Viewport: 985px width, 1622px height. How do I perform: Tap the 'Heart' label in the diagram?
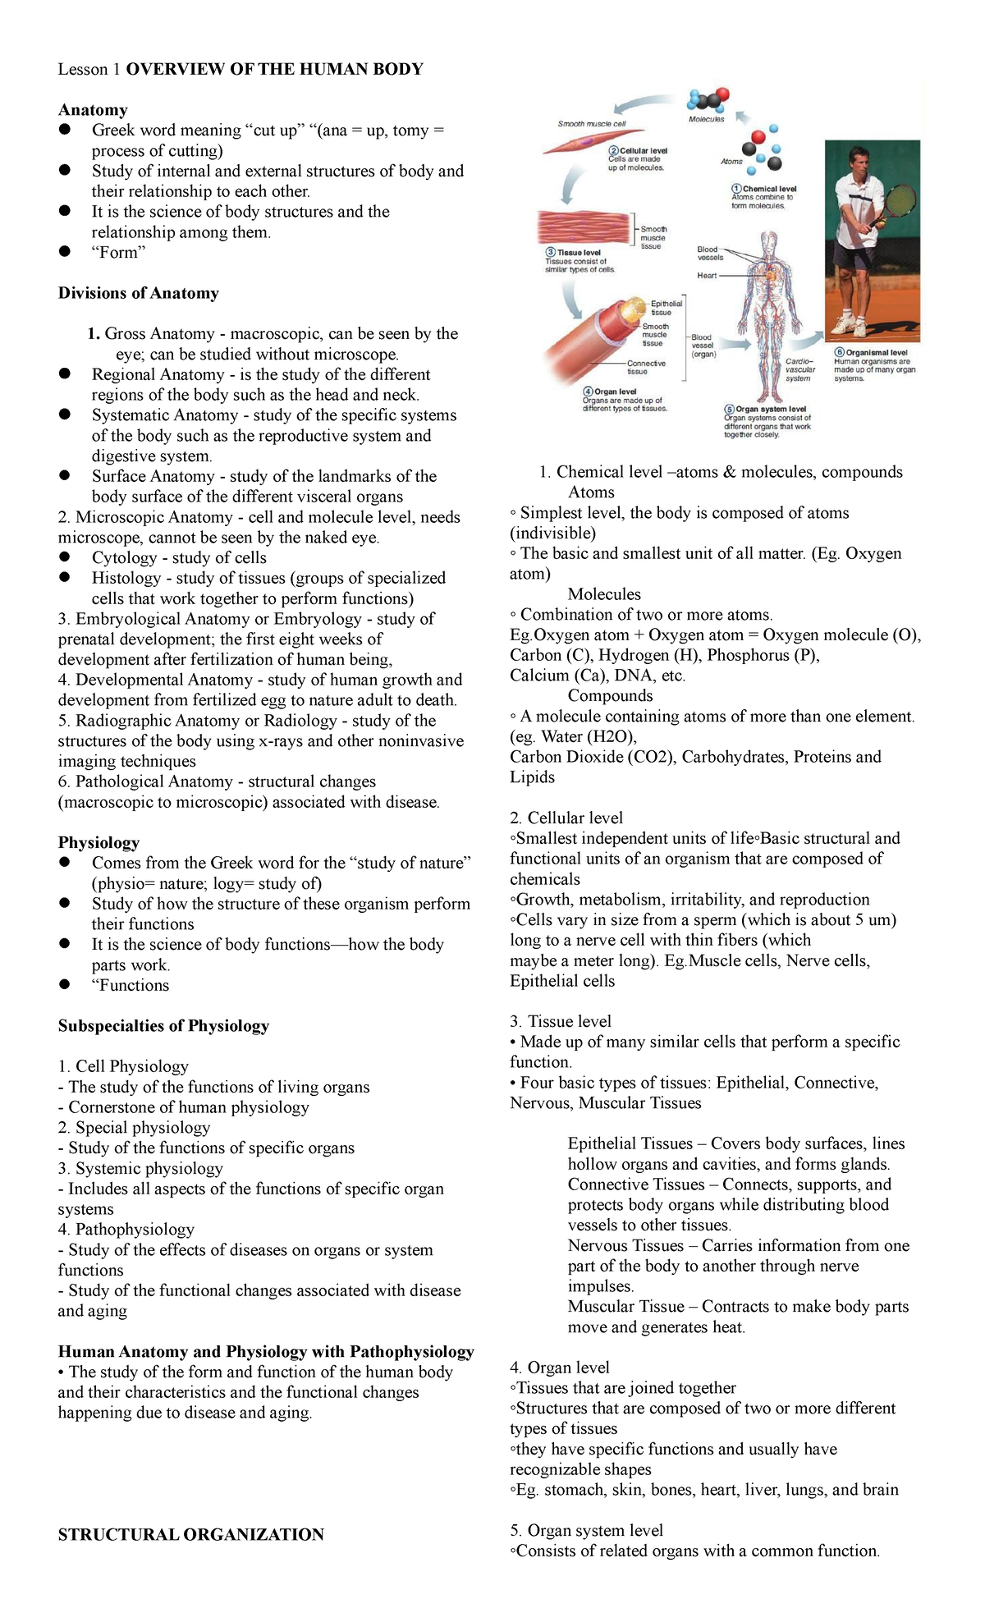(x=707, y=276)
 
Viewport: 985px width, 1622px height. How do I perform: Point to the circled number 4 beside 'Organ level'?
(x=588, y=392)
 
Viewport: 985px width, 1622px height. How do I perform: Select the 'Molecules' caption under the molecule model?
(x=706, y=119)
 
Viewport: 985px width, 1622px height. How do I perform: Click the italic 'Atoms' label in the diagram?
(x=731, y=162)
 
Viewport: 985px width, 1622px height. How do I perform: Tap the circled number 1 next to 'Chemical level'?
(x=737, y=189)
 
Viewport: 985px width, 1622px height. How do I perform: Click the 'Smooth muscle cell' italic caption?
(x=591, y=124)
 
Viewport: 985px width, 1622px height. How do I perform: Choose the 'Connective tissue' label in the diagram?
(x=646, y=367)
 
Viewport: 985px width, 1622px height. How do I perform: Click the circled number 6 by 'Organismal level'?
(x=840, y=352)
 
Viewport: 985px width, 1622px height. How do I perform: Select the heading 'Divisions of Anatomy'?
(x=138, y=293)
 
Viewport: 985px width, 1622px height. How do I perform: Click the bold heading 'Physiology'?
(x=98, y=842)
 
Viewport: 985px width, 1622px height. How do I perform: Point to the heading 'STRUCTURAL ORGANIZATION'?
(x=190, y=1534)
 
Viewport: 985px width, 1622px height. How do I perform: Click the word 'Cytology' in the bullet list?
(x=124, y=557)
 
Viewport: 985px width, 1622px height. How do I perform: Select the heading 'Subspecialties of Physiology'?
(x=163, y=1025)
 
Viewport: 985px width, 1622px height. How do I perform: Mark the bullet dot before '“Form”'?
(x=65, y=252)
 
